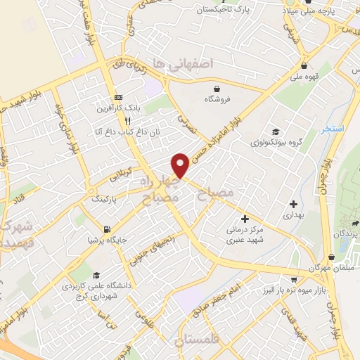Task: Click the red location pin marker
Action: tap(181, 165)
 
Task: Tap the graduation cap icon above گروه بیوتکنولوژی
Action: tap(275, 131)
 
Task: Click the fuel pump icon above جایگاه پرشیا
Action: tap(105, 229)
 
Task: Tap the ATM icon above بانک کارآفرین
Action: tap(119, 98)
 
